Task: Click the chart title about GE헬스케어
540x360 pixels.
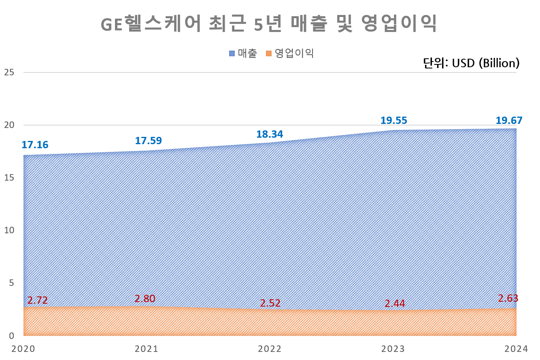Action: tap(269, 24)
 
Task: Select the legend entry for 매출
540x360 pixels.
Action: tap(243, 53)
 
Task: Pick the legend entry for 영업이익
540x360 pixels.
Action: tap(290, 53)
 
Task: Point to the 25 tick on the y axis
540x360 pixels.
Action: tap(9, 72)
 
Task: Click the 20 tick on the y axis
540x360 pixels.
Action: tap(9, 125)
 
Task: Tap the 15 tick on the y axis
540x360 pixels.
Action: tap(9, 178)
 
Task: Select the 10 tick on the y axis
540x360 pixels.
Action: tap(9, 230)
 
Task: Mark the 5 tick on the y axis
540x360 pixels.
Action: tap(11, 283)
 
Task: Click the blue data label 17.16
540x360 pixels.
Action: tap(35, 145)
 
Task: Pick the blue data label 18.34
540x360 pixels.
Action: tap(270, 134)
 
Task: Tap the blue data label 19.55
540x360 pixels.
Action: tap(393, 120)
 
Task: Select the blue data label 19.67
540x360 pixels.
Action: tap(509, 120)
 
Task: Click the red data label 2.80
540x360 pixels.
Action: tap(145, 299)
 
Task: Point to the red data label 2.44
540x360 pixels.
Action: tap(395, 303)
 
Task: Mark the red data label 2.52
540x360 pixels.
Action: tap(270, 303)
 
